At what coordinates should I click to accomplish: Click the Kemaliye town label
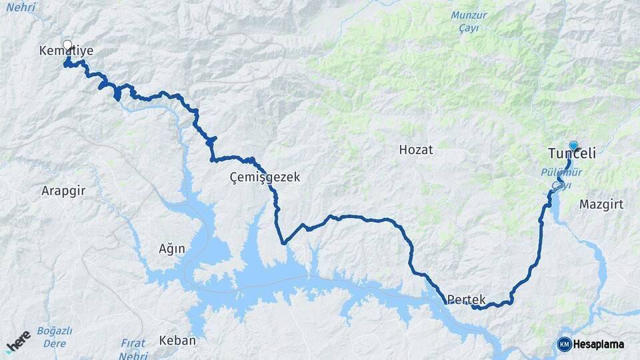66,51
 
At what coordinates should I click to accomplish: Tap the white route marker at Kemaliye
67,45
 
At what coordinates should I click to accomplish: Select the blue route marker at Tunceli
573,145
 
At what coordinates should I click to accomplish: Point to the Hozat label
415,150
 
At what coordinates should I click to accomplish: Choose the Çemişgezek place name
265,177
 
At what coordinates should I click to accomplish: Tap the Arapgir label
63,191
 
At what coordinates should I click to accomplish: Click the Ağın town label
171,249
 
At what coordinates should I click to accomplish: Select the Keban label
177,341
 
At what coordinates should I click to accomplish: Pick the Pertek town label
467,300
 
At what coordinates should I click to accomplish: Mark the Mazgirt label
601,204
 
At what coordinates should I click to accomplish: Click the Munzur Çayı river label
469,21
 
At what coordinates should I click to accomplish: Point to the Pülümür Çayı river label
561,178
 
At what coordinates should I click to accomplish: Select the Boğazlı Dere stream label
55,337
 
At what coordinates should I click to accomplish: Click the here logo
18,341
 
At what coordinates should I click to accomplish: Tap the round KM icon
564,344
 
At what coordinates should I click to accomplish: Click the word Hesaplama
599,345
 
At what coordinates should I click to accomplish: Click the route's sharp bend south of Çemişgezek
283,243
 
